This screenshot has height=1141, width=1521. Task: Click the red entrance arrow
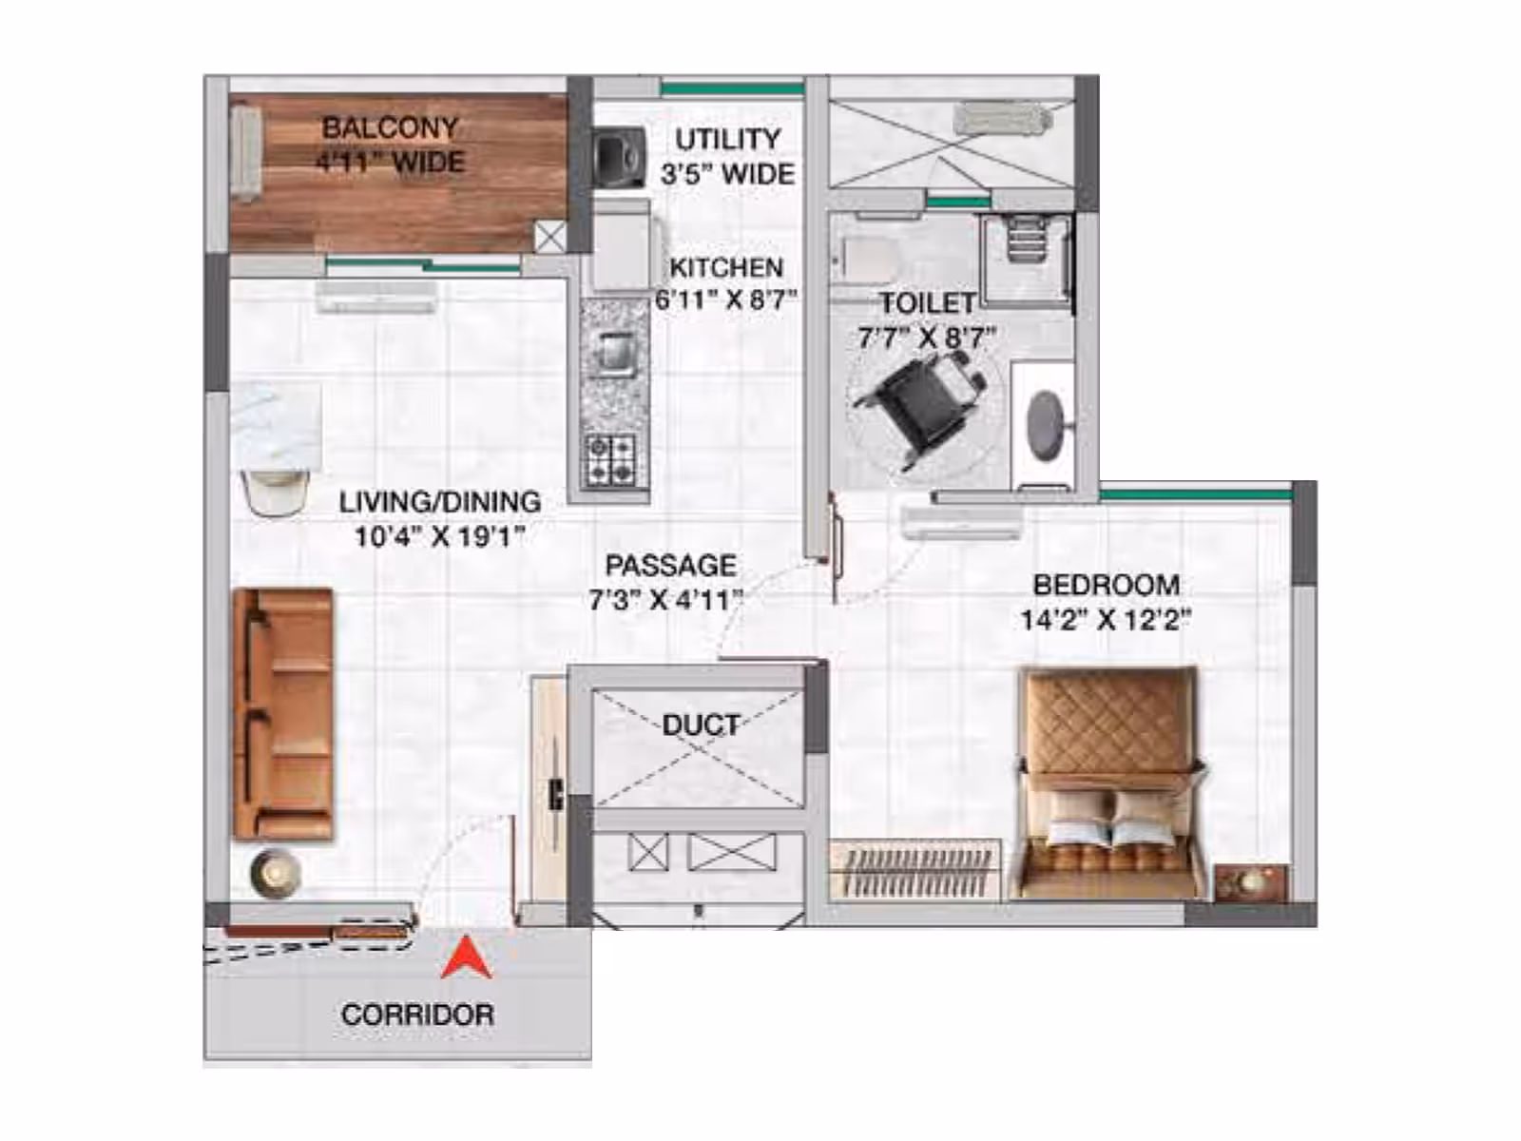pyautogui.click(x=467, y=959)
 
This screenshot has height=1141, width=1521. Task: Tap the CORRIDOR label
pyautogui.click(x=418, y=1015)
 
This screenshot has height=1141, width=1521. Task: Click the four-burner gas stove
pyautogui.click(x=610, y=460)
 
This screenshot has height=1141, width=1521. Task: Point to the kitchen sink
pyautogui.click(x=611, y=354)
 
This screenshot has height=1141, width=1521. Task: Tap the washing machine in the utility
pyautogui.click(x=619, y=157)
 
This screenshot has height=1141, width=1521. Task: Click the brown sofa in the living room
pyautogui.click(x=282, y=714)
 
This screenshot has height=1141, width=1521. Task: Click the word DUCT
pyautogui.click(x=702, y=725)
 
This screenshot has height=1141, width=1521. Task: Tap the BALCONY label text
pyautogui.click(x=390, y=127)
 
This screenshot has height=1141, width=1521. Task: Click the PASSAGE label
pyautogui.click(x=671, y=566)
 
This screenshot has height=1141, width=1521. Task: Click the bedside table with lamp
pyautogui.click(x=1251, y=882)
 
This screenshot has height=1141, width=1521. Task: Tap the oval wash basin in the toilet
pyautogui.click(x=1045, y=425)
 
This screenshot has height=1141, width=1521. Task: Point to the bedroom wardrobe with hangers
pyautogui.click(x=915, y=869)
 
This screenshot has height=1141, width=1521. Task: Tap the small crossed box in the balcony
pyautogui.click(x=550, y=238)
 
